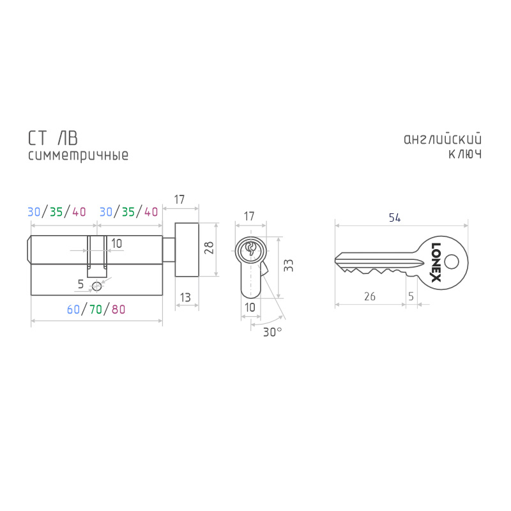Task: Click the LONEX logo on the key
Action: [436, 262]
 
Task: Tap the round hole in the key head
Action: [452, 262]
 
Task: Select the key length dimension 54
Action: [395, 218]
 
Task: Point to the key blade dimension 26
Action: [370, 296]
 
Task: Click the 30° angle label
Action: [273, 332]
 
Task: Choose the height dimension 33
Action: [289, 266]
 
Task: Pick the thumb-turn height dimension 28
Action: [209, 248]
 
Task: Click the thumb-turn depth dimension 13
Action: [185, 297]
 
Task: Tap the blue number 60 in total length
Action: [73, 309]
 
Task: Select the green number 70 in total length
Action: [96, 309]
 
